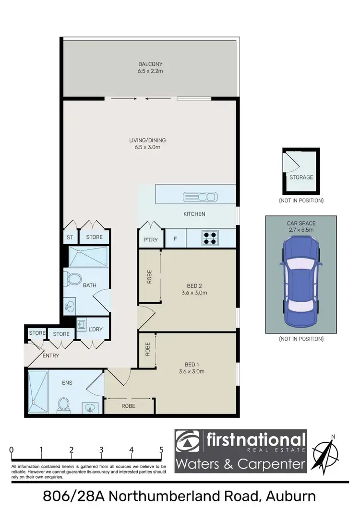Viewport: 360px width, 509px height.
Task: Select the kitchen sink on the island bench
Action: pyautogui.click(x=200, y=196)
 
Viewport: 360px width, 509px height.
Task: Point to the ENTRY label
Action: pyautogui.click(x=50, y=355)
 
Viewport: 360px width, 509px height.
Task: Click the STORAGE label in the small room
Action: pyautogui.click(x=301, y=177)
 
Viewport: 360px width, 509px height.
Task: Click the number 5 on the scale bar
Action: pyautogui.click(x=161, y=450)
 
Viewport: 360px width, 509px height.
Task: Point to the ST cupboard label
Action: pyautogui.click(x=69, y=237)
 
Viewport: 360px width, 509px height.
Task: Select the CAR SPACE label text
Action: pyautogui.click(x=300, y=223)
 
